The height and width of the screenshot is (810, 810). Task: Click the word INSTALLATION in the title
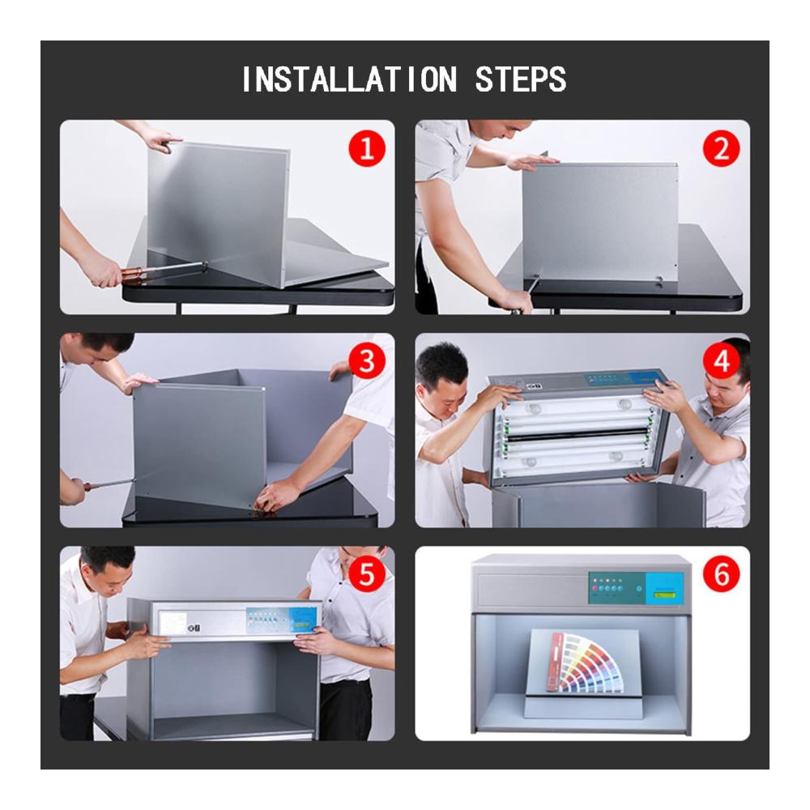[349, 79]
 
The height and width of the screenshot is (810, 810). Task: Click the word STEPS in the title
[520, 79]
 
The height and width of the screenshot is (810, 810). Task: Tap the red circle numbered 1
[367, 149]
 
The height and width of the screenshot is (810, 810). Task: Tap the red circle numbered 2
[721, 149]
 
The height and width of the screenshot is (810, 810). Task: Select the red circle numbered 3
[367, 361]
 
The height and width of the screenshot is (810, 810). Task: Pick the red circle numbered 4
[721, 361]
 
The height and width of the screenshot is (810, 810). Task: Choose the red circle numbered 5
[367, 574]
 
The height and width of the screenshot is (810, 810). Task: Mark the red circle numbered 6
[721, 574]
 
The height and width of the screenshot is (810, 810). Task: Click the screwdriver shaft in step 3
[109, 484]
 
